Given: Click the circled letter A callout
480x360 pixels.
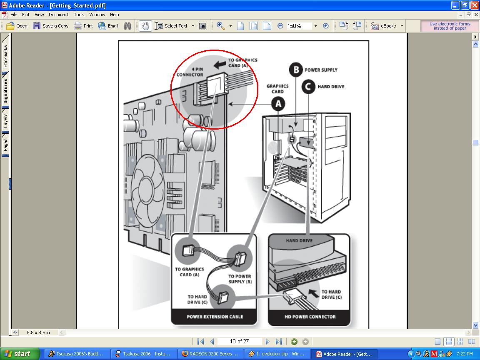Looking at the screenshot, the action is tap(278, 104).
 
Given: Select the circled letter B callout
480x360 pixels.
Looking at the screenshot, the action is tap(296, 70).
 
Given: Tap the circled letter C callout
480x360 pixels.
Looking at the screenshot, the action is tap(308, 87).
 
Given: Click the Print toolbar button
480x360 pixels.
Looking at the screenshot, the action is tap(83, 26).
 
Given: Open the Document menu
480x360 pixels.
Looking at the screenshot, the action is tap(59, 15).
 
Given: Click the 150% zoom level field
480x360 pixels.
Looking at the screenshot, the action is tap(298, 26).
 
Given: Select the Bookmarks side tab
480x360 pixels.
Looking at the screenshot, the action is tap(5, 56).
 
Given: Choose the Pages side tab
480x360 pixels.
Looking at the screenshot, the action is tap(5, 145).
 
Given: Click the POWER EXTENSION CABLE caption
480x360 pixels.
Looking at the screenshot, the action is tap(215, 317).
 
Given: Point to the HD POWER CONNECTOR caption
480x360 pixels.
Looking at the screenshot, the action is tap(310, 317).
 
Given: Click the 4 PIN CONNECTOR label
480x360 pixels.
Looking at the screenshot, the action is tap(190, 72).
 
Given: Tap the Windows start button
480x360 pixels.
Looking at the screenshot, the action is tap(20, 354).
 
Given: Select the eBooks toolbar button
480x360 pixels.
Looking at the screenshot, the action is tap(386, 26).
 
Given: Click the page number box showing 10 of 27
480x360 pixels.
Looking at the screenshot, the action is tap(240, 341).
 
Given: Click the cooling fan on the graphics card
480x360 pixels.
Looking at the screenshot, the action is tap(148, 187).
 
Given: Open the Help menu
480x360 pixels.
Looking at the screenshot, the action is tap(115, 15).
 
